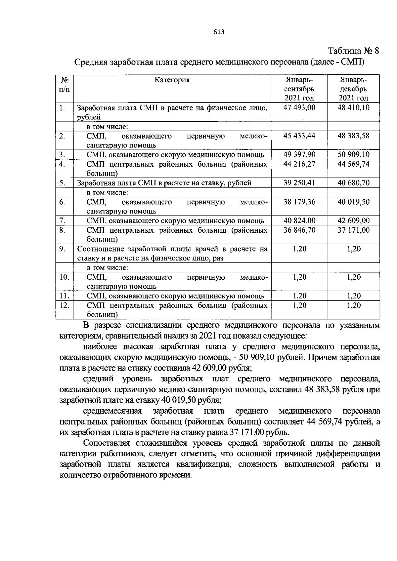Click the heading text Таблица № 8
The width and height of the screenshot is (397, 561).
point(353,51)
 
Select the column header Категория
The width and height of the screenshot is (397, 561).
point(172,80)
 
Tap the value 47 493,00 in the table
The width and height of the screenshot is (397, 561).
point(299,107)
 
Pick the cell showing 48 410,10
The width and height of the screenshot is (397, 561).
point(353,107)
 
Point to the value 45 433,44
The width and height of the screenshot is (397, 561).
point(299,136)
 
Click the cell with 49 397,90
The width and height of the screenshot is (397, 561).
point(299,154)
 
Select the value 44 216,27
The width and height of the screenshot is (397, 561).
point(299,164)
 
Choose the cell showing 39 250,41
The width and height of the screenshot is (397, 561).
point(299,183)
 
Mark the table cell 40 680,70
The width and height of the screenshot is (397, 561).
point(353,183)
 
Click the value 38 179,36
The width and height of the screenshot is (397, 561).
point(299,202)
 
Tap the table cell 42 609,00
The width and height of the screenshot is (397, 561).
point(353,220)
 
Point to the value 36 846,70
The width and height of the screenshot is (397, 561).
point(299,230)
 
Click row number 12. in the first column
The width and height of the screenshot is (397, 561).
point(64,305)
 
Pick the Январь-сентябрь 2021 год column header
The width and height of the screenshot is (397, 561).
point(299,89)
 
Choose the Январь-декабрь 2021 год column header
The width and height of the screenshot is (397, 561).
point(353,89)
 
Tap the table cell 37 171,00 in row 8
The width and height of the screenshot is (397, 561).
point(353,230)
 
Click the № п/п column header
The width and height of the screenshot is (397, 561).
point(65,85)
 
